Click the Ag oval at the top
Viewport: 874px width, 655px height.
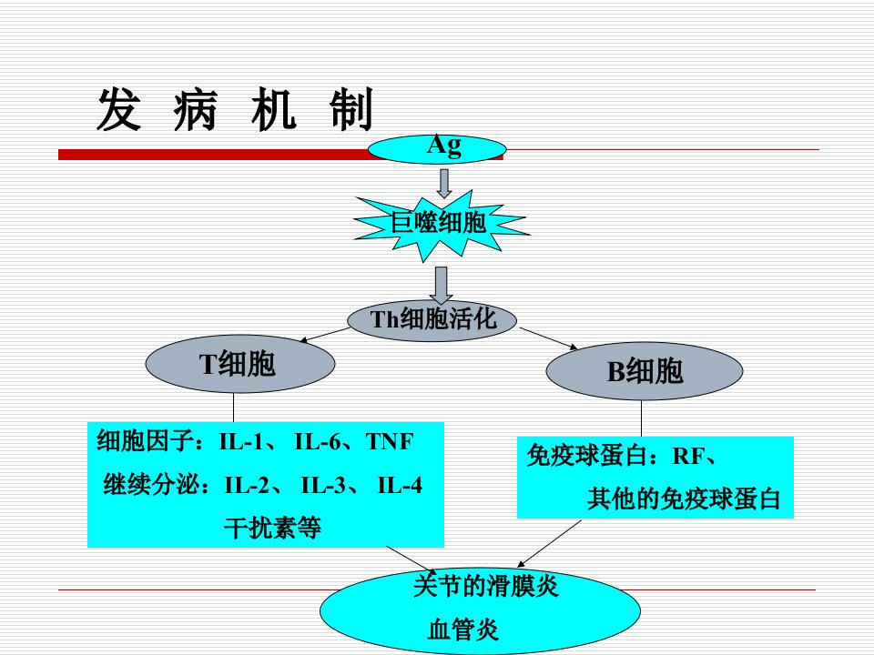point(437,149)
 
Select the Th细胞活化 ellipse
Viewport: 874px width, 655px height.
point(432,320)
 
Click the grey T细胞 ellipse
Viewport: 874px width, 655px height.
point(240,364)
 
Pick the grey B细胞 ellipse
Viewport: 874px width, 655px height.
point(645,371)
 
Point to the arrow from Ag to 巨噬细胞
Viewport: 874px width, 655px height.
point(443,183)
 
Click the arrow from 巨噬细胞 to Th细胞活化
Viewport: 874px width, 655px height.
point(441,285)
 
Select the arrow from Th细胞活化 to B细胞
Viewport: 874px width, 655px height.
point(549,338)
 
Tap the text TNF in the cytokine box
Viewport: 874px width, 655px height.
point(390,442)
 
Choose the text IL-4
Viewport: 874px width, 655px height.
point(400,485)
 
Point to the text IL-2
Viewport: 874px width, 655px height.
point(247,485)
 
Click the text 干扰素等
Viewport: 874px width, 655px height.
point(272,528)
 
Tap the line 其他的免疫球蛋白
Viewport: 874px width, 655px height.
point(684,499)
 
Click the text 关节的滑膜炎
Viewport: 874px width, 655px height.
point(486,586)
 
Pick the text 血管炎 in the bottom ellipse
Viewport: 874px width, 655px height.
point(462,630)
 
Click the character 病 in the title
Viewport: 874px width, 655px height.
point(195,110)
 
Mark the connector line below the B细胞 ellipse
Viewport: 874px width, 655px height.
point(641,418)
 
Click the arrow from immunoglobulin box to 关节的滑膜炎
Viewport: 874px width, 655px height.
point(550,544)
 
